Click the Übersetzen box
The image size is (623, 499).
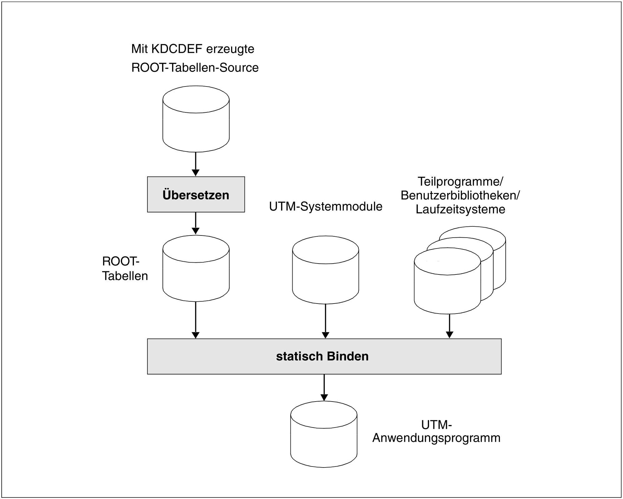tap(196, 195)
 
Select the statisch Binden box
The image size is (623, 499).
tap(324, 356)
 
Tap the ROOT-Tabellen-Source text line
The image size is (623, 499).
tap(195, 68)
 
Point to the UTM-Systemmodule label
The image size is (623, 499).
tap(326, 207)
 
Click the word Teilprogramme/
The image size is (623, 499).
tap(460, 181)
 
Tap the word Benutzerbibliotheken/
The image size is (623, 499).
tap(460, 195)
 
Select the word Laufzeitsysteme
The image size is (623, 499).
tap(460, 209)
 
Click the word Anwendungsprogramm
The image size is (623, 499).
tap(436, 438)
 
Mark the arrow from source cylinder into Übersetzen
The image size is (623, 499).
tap(195, 164)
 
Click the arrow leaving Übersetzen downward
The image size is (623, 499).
tap(195, 224)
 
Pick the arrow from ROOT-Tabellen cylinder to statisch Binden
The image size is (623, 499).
tap(195, 320)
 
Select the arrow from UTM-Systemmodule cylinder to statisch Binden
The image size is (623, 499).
tap(325, 321)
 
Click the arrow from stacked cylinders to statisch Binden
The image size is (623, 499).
tap(449, 326)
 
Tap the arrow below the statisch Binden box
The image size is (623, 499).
tap(324, 388)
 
